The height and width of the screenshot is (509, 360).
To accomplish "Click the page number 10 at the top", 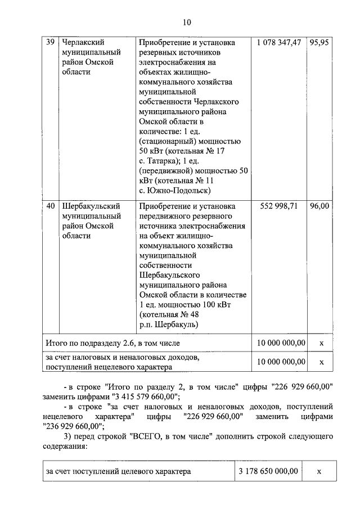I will click(x=187, y=22).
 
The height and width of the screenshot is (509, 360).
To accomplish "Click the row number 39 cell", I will click(x=49, y=43).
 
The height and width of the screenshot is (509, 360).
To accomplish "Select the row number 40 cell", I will click(x=49, y=206).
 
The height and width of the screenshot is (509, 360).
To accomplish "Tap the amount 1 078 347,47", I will click(x=278, y=43).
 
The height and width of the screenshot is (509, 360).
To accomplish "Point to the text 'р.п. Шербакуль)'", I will click(x=167, y=325).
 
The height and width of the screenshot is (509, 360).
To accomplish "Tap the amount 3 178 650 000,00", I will click(x=267, y=471).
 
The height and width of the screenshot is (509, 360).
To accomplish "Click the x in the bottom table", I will click(x=318, y=471).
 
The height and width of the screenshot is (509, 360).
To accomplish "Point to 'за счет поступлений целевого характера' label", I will click(x=118, y=471).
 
